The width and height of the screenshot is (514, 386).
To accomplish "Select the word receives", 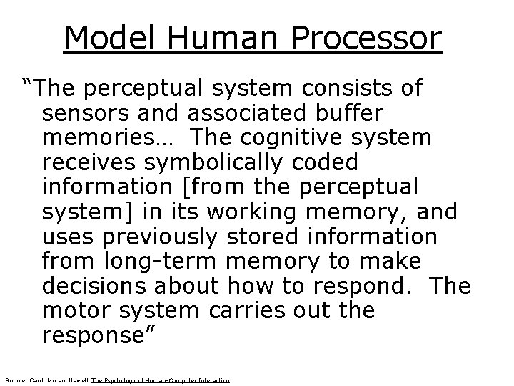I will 84,162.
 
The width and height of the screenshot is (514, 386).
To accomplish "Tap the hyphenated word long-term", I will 155,261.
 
